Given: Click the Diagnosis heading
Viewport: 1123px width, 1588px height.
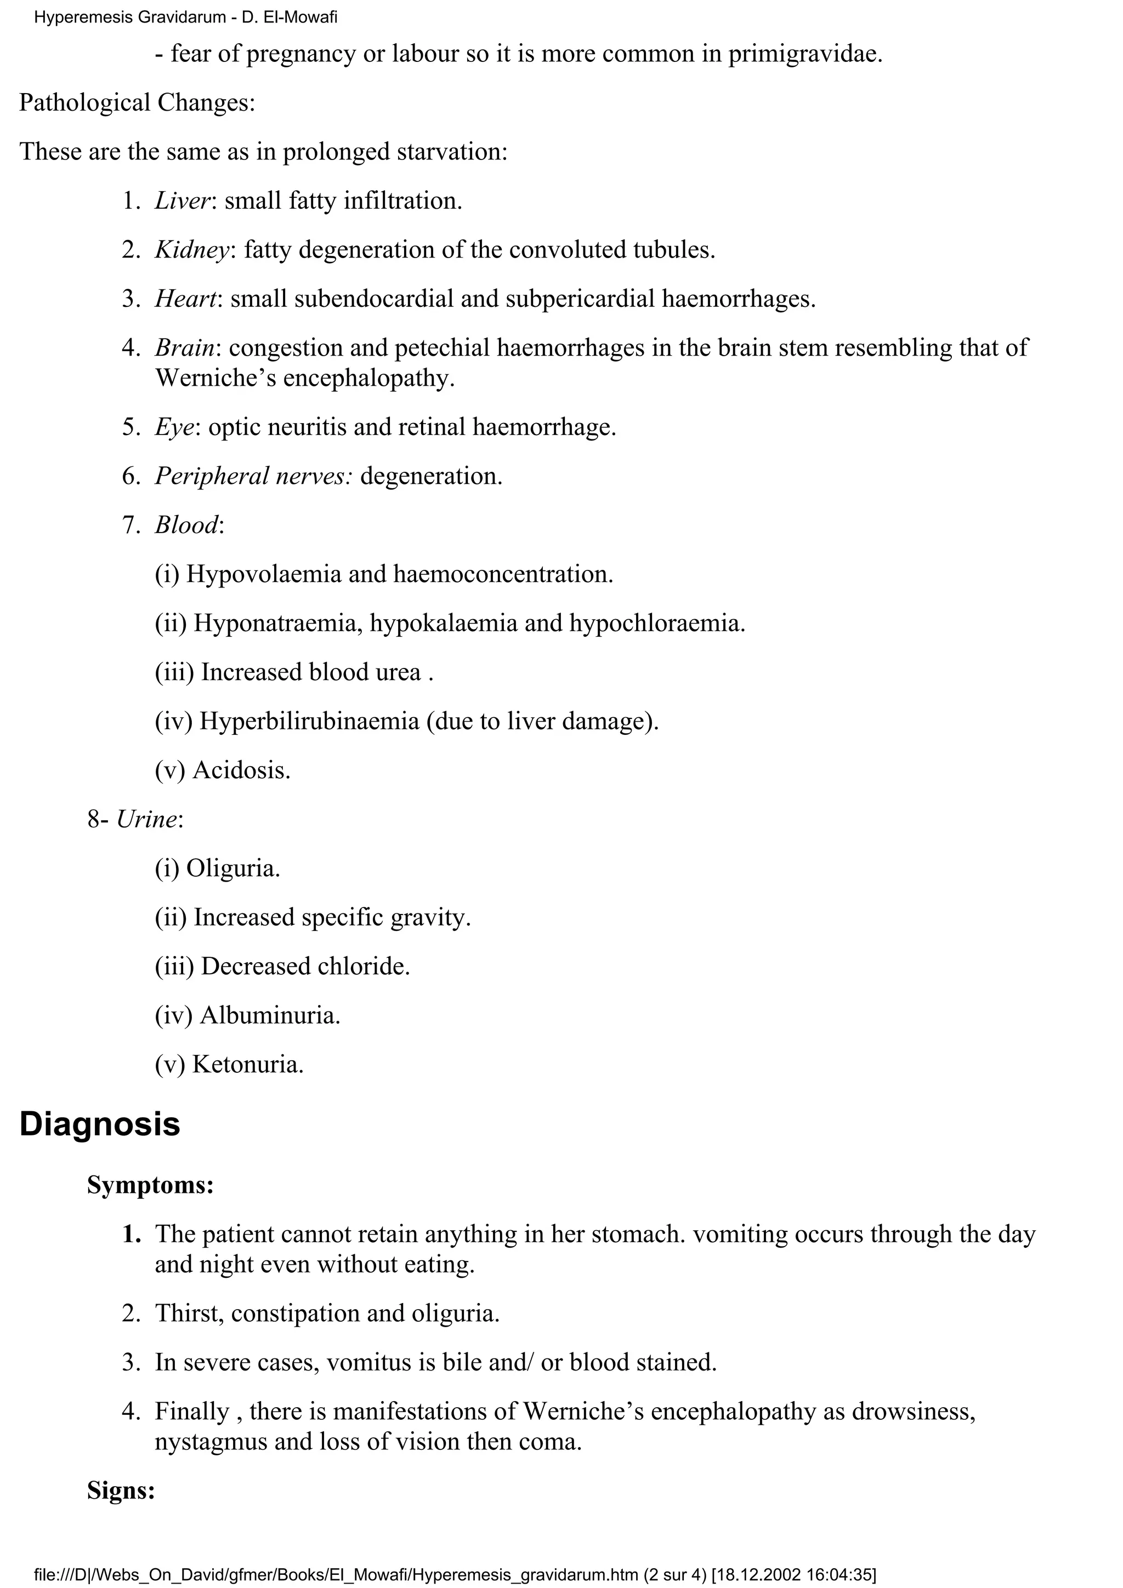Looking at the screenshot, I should click(100, 1124).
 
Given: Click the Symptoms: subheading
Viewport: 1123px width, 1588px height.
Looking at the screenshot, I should click(150, 1185).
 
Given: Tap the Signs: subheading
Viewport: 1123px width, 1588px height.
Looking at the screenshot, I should click(121, 1489).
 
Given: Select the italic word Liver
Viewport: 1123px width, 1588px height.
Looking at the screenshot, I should click(182, 201).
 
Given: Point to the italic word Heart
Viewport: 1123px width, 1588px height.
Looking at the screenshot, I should click(185, 299).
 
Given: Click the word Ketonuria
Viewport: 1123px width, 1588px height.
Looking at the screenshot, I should click(248, 1064).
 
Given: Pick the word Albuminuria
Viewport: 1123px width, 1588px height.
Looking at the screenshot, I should click(270, 1015).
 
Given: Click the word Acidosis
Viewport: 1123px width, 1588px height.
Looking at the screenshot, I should click(241, 770).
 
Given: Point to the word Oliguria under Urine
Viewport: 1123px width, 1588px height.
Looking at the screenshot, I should click(233, 868).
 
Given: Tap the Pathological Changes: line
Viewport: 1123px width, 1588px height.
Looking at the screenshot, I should click(137, 102).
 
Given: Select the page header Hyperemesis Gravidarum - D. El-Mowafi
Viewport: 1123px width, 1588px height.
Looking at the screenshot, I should click(185, 18).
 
